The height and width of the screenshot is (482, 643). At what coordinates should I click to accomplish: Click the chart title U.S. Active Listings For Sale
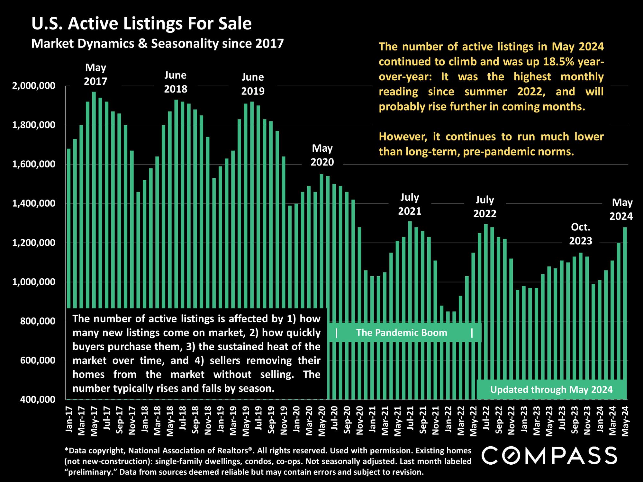(x=141, y=24)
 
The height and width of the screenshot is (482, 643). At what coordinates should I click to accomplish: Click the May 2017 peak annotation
(x=95, y=74)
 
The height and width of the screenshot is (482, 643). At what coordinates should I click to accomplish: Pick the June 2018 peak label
(x=176, y=82)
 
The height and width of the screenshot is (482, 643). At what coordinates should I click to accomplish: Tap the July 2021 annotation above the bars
(x=410, y=204)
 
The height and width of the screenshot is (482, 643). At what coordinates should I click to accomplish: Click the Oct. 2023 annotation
(x=581, y=234)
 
